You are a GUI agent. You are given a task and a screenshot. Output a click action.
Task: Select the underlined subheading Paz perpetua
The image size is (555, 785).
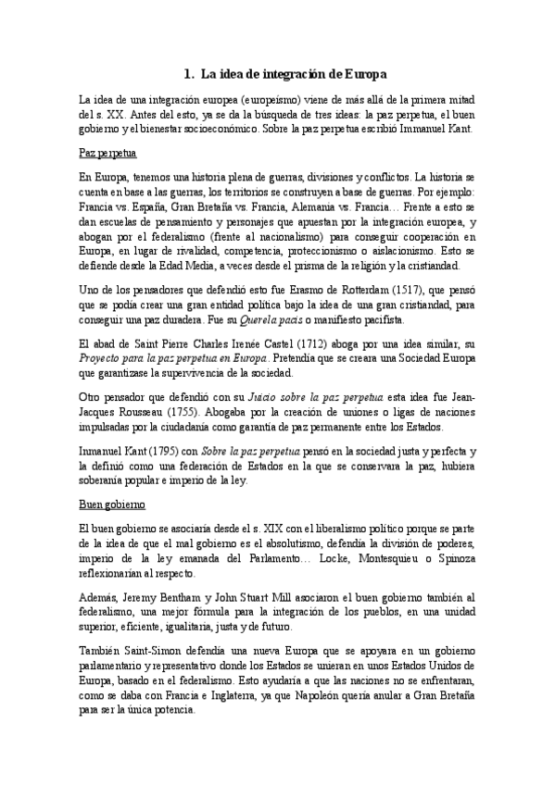[x=104, y=151]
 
